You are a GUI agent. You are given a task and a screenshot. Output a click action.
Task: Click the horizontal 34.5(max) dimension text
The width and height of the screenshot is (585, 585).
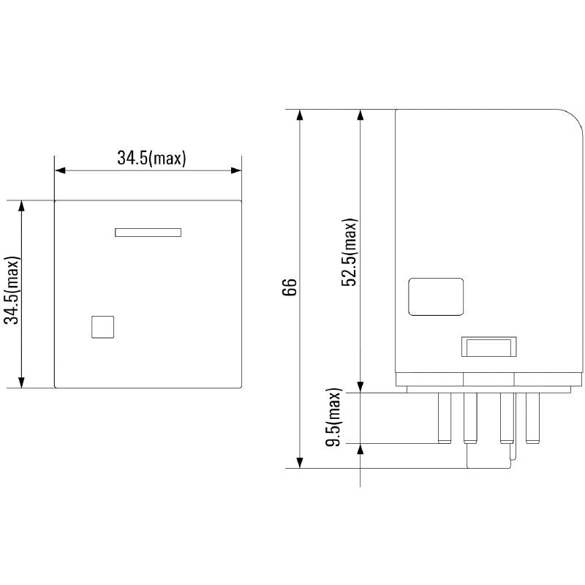tap(151, 157)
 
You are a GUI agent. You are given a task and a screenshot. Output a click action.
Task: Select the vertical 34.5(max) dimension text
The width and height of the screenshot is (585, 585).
tap(12, 290)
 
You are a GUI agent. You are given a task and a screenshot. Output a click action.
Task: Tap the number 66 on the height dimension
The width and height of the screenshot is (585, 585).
tap(290, 287)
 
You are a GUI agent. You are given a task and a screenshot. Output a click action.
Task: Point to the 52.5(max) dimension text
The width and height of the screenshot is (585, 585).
tap(350, 252)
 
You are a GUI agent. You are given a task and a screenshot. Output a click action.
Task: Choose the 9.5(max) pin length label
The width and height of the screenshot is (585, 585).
tap(335, 418)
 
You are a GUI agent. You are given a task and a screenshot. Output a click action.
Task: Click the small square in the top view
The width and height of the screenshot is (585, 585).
tap(103, 327)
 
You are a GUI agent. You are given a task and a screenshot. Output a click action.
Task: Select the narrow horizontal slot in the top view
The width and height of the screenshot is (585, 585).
tap(148, 233)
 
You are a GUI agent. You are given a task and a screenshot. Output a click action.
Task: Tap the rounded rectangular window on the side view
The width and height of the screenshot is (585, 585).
tap(436, 296)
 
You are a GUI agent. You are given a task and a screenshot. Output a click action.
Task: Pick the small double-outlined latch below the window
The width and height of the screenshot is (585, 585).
tap(488, 346)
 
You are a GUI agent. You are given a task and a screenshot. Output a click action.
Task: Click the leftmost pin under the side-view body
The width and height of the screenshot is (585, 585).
tap(443, 418)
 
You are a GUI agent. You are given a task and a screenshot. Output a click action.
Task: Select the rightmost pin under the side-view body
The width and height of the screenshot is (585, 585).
tap(531, 418)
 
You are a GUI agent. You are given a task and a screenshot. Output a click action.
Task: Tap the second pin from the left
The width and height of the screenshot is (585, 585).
tap(469, 418)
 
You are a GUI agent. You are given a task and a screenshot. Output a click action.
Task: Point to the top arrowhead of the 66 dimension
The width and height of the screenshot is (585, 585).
tap(299, 116)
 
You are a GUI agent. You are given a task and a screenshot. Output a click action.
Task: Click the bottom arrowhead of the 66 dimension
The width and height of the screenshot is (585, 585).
tap(299, 462)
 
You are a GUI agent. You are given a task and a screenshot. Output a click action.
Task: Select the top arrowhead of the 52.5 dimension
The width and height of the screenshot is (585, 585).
tap(360, 116)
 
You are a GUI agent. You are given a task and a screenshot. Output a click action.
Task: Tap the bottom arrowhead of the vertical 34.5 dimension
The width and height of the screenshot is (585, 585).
tap(22, 381)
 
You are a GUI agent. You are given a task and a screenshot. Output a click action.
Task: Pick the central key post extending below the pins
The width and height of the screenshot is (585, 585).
tap(488, 457)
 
